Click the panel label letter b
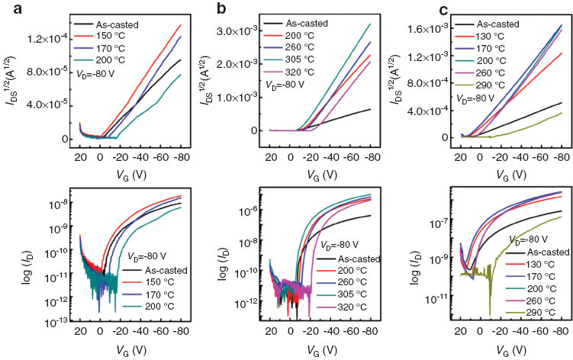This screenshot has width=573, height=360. click(x=201, y=9)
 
